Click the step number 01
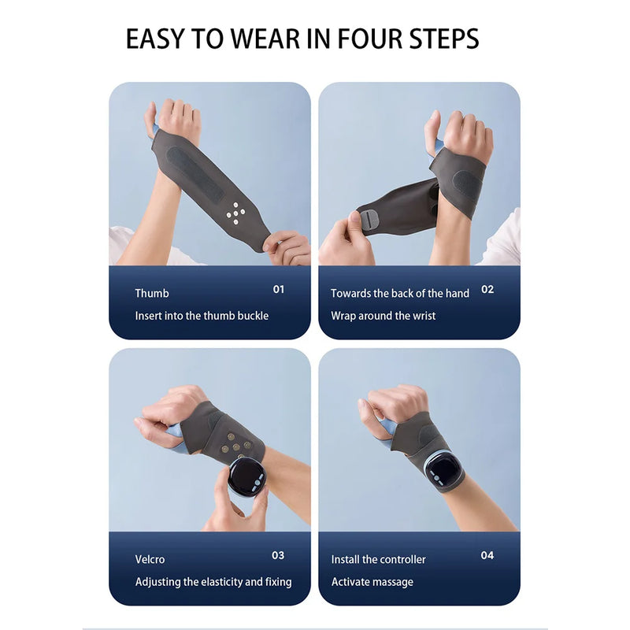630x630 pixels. point(279,289)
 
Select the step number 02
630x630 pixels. point(487,289)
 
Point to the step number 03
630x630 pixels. point(278,555)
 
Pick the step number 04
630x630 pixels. point(487,555)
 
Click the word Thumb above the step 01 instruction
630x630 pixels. point(152,293)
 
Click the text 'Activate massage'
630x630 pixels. point(372,582)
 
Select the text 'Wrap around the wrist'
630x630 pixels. point(383,316)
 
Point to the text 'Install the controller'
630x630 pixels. point(378,559)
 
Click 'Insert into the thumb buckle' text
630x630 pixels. point(202,316)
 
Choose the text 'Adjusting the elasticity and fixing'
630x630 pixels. point(213,582)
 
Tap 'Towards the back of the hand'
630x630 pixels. point(400,293)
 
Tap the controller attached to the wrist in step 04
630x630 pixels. point(443,468)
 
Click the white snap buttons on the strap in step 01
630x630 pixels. point(235,211)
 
